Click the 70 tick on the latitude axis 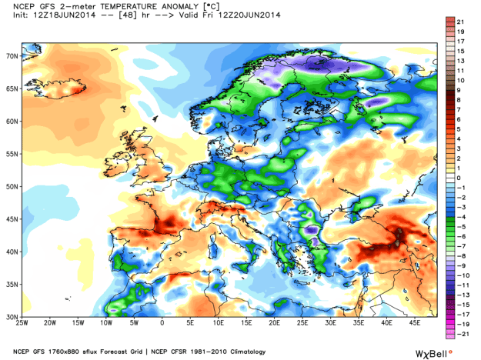pos(13,56)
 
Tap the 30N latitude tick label pos(13,316)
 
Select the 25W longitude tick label pos(23,323)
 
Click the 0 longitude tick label pos(162,323)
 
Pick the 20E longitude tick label pos(274,323)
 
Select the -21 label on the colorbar pos(459,336)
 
